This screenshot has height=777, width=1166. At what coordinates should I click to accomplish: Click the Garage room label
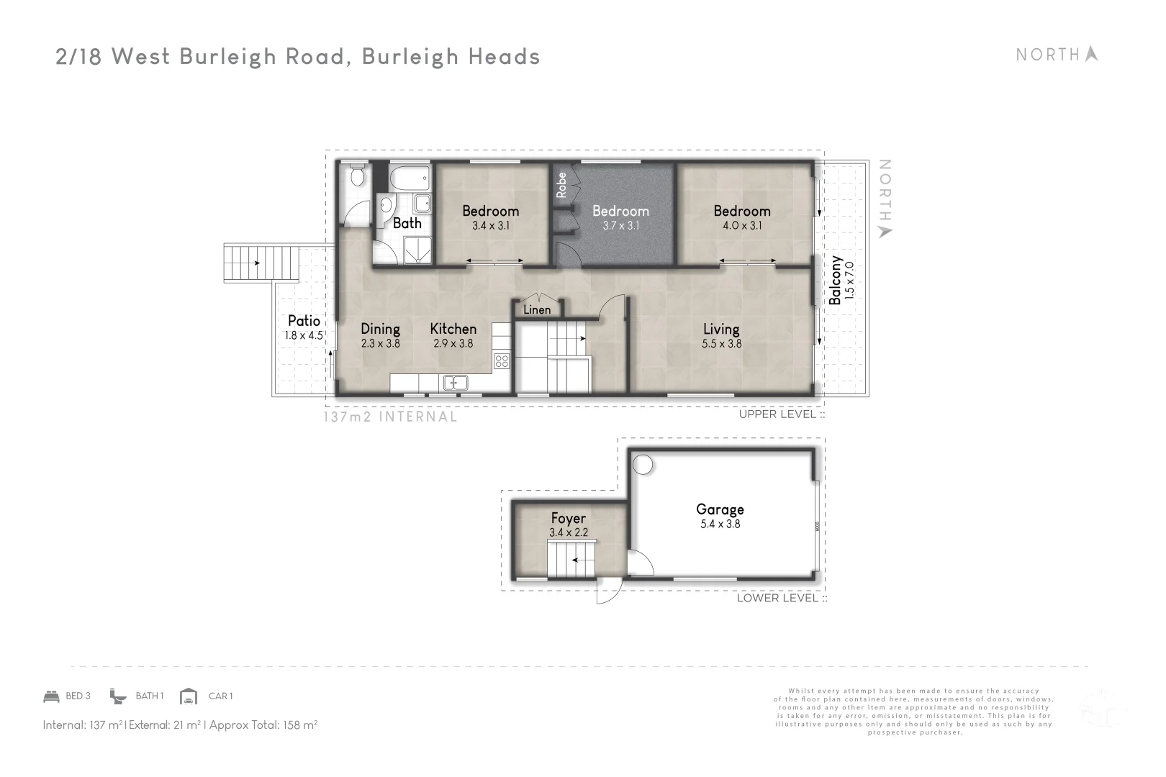pos(720,509)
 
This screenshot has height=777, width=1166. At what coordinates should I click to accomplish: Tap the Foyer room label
pos(568,518)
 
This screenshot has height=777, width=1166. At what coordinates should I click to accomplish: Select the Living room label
pos(721,329)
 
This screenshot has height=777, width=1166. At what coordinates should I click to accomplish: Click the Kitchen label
pos(453,329)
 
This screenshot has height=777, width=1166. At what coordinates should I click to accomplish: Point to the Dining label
pos(380,329)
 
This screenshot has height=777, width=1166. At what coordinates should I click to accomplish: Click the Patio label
pos(304,321)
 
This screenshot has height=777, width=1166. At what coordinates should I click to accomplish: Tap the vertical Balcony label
pos(836,280)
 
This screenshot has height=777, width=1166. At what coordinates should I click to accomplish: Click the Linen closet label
pos(537,310)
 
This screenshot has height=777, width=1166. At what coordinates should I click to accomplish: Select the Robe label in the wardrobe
pos(561,185)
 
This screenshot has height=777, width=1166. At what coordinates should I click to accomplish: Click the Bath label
pos(407,223)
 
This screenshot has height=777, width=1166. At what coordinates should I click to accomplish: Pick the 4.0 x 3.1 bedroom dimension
pos(741,225)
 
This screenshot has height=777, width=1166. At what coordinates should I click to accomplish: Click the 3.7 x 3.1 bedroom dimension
pos(620,225)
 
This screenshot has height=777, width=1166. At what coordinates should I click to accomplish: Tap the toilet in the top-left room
pos(356,176)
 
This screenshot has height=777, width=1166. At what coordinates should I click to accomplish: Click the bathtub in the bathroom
pos(410,176)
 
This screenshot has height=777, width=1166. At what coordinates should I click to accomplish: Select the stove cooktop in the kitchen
pos(502,361)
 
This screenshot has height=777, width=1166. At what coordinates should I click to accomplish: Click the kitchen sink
pos(455,383)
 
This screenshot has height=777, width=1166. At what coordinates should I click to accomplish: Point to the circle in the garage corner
pos(643,465)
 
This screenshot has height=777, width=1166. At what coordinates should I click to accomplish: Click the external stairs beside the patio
pos(261,263)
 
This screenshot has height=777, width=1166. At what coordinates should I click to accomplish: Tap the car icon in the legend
pos(189,696)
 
